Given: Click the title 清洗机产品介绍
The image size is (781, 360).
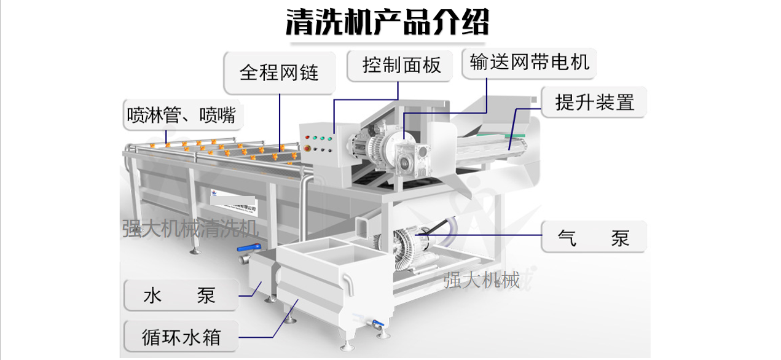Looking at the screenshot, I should [388, 22].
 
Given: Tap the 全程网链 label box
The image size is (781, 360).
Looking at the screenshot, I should [279, 72].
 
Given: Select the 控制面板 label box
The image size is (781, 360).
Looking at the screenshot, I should [402, 65].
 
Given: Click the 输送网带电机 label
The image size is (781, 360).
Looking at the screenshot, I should [529, 61].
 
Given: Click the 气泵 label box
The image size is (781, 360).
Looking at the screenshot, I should [594, 237].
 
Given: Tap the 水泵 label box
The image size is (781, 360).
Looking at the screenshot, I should [179, 296].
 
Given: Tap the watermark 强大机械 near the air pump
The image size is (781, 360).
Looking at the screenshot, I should [482, 280].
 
